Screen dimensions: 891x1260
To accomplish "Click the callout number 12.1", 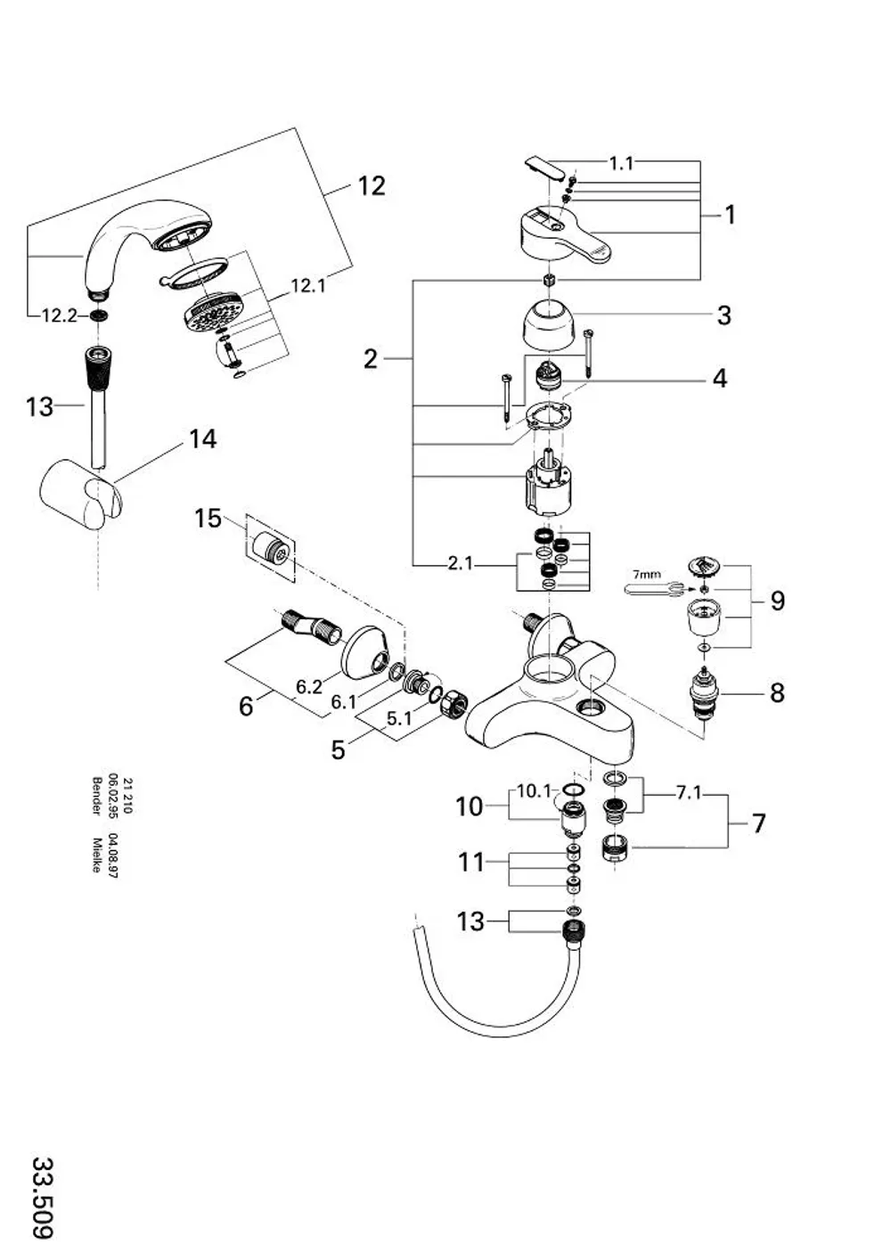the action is click(x=307, y=286).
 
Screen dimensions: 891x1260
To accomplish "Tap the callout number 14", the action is click(x=202, y=439).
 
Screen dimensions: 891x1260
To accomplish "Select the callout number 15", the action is click(x=208, y=518).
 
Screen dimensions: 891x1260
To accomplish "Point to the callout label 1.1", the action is click(x=622, y=164).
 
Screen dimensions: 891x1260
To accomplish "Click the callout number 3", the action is click(x=723, y=315).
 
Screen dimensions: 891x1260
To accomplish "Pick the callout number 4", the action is click(x=719, y=378).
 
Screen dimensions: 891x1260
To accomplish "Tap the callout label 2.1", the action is click(x=460, y=563).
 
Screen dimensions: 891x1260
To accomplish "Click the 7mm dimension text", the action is click(x=646, y=575).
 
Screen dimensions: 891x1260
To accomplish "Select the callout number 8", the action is click(x=777, y=693).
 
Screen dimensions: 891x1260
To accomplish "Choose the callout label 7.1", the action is click(x=689, y=793).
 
